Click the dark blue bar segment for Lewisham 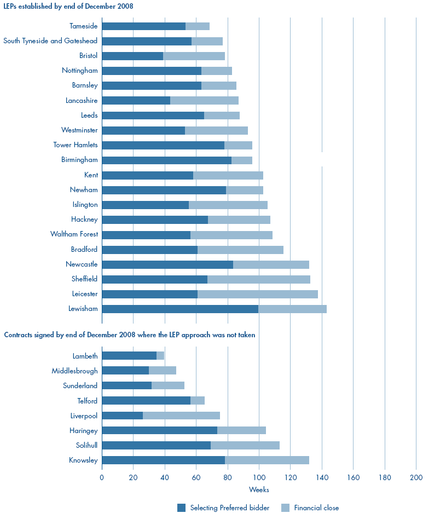(x=179, y=309)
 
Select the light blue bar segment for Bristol (x=194, y=56)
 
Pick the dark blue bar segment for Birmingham (x=166, y=160)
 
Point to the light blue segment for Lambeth (x=160, y=356)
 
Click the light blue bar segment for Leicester (x=257, y=294)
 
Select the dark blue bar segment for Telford (x=146, y=401)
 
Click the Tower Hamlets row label (x=76, y=145)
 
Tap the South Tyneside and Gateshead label (x=50, y=41)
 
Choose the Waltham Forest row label (x=74, y=234)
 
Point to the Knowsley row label (x=83, y=460)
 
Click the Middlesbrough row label (x=74, y=371)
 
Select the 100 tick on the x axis (x=259, y=478)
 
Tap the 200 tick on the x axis (x=416, y=478)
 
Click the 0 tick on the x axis (x=102, y=478)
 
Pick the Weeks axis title (x=259, y=489)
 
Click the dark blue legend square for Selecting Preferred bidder (x=182, y=508)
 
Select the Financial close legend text (x=316, y=508)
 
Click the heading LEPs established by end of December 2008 (x=68, y=7)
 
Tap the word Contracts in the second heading (x=19, y=335)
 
